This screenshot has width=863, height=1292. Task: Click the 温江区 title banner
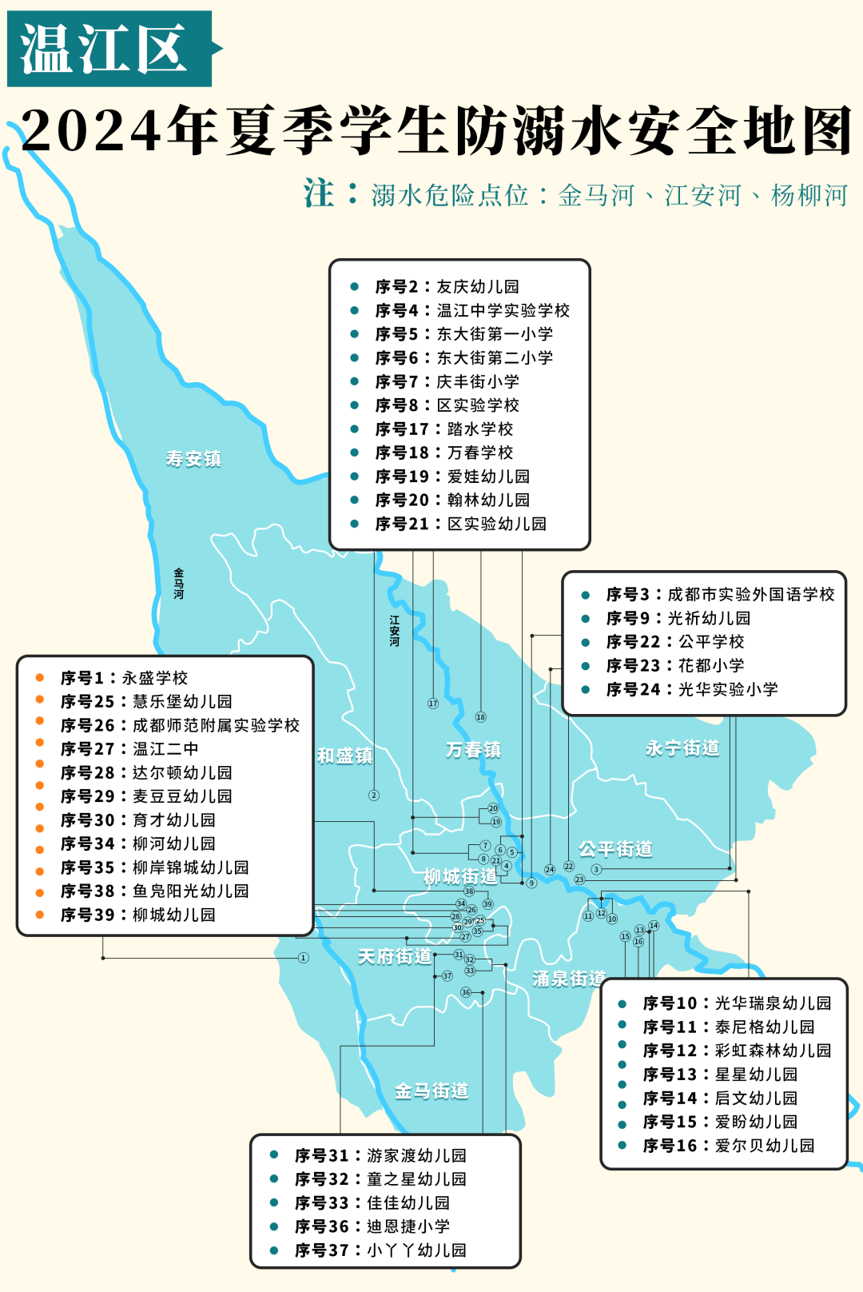(109, 49)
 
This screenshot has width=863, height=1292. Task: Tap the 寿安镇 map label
(193, 459)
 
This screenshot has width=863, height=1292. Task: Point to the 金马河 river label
(179, 584)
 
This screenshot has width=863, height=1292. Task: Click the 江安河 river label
(395, 630)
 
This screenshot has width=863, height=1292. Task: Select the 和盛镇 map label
(345, 756)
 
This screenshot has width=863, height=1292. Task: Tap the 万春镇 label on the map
(474, 750)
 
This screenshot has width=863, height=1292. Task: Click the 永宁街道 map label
(682, 748)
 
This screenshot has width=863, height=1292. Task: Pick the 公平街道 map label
(615, 849)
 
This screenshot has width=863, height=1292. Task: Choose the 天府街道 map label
(395, 956)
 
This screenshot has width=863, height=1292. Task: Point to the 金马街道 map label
(431, 1091)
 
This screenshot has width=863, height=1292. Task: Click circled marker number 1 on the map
(303, 958)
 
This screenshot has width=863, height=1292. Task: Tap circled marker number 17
(433, 704)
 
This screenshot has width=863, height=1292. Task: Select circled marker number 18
(480, 717)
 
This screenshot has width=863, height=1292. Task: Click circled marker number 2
(374, 796)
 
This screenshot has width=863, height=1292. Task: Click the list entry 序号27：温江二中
(129, 749)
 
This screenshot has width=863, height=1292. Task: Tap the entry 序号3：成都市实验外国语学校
(719, 595)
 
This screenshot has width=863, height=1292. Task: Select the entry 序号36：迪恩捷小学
(372, 1226)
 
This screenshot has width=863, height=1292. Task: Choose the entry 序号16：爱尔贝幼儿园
(728, 1146)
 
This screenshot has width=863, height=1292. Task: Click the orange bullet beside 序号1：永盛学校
(39, 678)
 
